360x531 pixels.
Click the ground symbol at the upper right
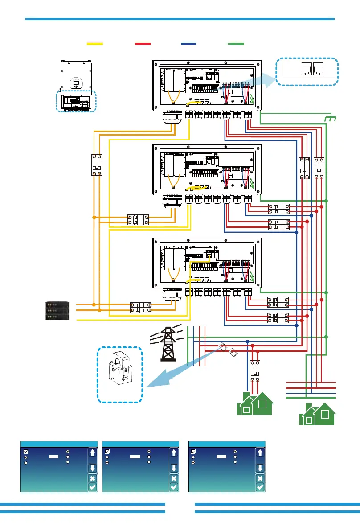[331, 119]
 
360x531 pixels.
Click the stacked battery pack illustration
[57, 311]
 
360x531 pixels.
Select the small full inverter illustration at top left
[76, 86]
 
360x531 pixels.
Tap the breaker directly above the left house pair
[255, 370]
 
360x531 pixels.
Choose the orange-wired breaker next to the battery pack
[139, 307]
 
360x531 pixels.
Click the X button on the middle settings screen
[174, 478]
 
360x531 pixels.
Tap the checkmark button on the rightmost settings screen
[260, 487]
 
